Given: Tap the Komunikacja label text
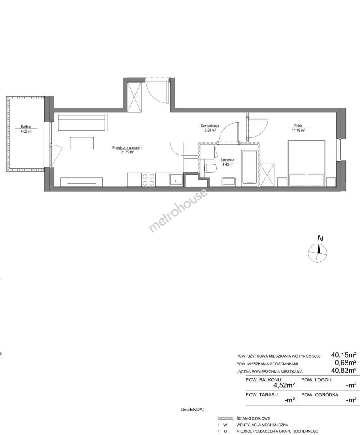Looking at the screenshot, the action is pos(210,126).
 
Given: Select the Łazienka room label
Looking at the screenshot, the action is pos(228,160).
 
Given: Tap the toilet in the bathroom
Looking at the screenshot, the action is pos(210,168).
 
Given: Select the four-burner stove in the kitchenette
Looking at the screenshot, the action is pos(148,180).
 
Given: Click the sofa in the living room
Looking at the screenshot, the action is pos(82,122).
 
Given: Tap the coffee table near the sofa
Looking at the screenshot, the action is pos(82,143).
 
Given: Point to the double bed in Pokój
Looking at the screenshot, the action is pos(306,163).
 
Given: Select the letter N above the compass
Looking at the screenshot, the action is pos(320,238).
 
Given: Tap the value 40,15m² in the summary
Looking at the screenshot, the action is pos(343,354).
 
